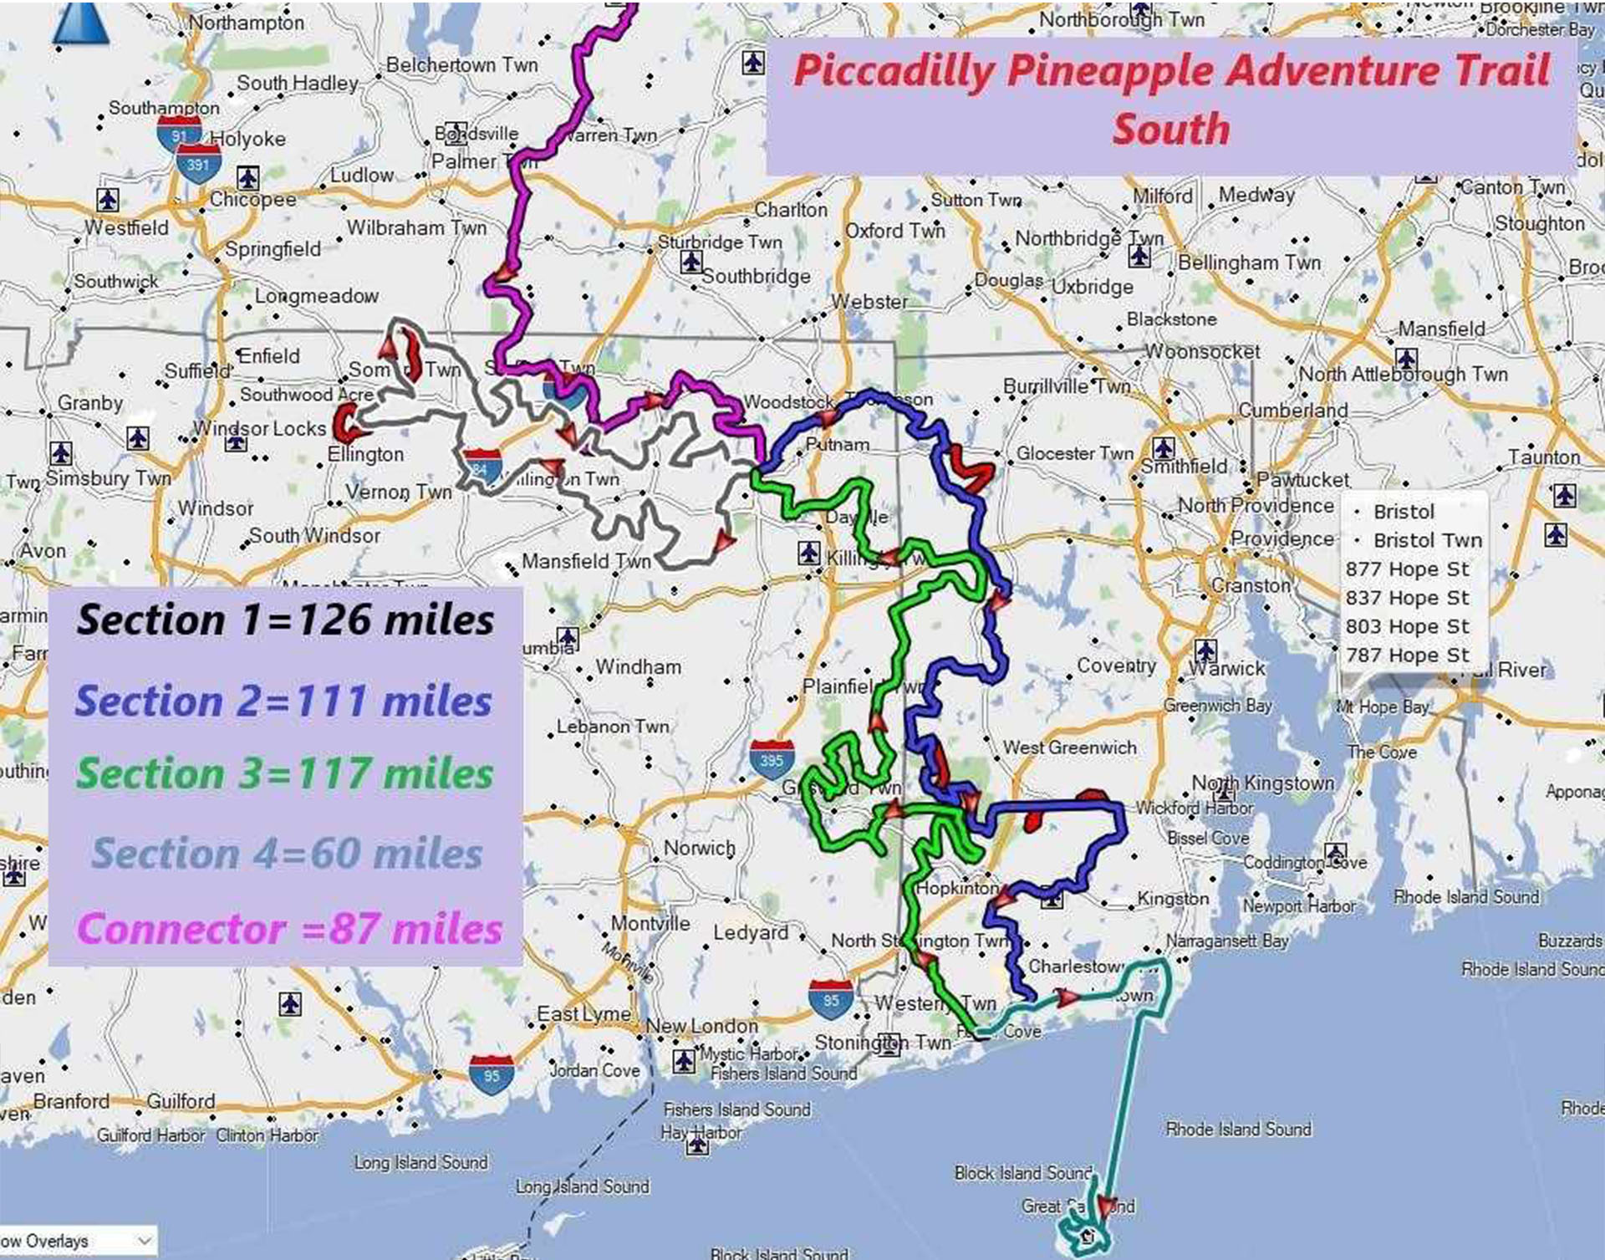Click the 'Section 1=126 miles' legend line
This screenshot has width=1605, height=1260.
285,620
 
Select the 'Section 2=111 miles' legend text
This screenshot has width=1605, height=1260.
283,701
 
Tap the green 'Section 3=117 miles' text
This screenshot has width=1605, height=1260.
284,773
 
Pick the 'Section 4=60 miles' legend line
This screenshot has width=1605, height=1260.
287,854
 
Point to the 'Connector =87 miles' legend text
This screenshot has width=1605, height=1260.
289,929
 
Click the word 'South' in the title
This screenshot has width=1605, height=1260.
1170,130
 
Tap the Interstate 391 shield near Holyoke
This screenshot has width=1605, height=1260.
198,164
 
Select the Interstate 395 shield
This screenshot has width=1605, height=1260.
771,760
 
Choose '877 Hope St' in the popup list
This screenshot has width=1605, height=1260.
1407,569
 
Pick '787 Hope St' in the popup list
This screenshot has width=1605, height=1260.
1407,656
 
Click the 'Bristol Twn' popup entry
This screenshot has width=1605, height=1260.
1427,540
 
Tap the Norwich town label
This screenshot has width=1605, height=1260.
699,848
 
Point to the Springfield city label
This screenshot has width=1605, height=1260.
273,249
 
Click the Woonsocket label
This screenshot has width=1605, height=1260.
1202,351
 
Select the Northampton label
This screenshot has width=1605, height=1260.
247,23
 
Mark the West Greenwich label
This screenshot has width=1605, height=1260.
1069,747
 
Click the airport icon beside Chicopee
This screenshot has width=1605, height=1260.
247,176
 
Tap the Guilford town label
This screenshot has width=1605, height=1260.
181,1101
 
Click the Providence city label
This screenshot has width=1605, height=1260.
1282,538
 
